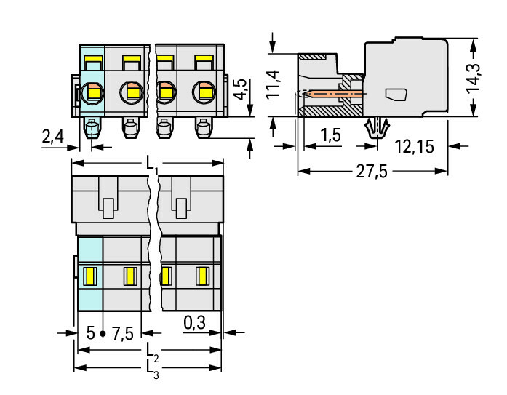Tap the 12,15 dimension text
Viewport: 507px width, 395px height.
[414, 147]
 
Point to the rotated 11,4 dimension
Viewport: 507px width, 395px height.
[272, 84]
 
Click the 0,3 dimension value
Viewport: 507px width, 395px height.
[193, 322]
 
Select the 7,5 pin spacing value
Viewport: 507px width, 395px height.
[122, 334]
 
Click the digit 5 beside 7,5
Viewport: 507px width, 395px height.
[91, 334]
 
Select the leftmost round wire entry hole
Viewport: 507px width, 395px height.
[93, 92]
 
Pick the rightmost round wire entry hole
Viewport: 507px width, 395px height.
[202, 92]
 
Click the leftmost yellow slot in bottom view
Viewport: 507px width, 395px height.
[91, 276]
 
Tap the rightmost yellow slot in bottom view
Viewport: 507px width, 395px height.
[202, 276]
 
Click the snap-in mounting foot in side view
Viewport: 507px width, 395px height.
[375, 127]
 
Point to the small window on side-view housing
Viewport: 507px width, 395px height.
[396, 94]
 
